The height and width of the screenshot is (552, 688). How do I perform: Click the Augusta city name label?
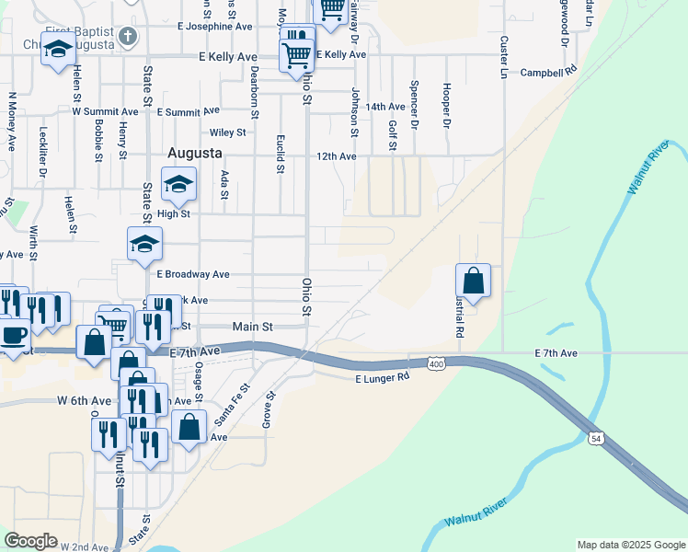[195, 151]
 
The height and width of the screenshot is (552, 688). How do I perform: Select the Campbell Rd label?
[548, 71]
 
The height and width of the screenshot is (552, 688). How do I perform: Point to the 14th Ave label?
[385, 108]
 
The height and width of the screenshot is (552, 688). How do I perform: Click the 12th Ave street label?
[336, 156]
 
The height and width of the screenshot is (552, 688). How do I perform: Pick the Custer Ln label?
[504, 57]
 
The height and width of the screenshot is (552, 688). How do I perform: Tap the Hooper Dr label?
[446, 106]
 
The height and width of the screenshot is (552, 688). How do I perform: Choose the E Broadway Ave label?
[192, 274]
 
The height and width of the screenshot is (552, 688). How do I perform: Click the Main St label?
[253, 326]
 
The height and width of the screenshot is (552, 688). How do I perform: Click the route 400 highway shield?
[436, 365]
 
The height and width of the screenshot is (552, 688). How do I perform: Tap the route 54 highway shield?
[596, 440]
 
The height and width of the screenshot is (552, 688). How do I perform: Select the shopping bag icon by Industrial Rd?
[473, 282]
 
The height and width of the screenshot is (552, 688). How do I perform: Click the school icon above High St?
[178, 184]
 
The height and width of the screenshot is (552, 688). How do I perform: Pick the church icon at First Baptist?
[128, 39]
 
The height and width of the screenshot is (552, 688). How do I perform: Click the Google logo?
[30, 541]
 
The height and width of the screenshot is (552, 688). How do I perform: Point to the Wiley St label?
[227, 132]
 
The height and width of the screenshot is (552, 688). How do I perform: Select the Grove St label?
[270, 408]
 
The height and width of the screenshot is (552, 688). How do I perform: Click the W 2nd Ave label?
[86, 546]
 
